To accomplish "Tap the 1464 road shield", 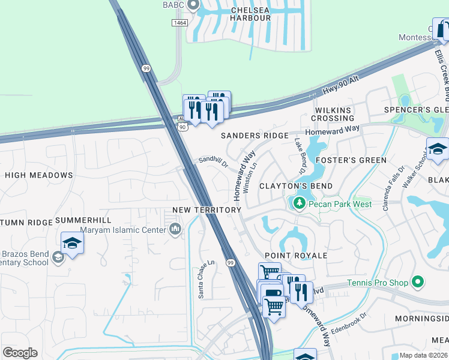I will (179, 23).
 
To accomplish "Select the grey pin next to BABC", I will (193, 5).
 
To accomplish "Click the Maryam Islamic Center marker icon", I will (175, 229).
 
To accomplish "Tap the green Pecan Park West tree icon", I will (299, 204).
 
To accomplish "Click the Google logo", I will (20, 353).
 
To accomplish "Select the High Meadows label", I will (38, 175).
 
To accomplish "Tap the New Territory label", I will (206, 209).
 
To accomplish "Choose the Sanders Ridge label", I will (255, 136).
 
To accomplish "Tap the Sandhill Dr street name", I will (214, 162).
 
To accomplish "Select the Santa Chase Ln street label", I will (202, 279).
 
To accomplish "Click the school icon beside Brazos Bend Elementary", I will (73, 242).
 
